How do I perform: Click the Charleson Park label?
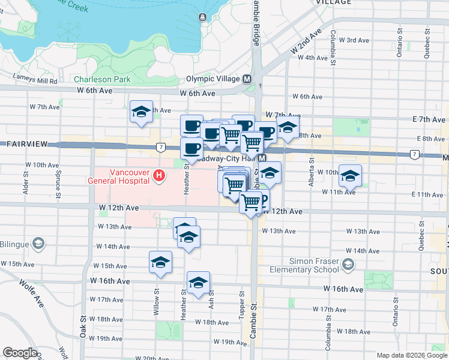pyautogui.click(x=102, y=79)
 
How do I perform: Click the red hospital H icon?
pyautogui.click(x=159, y=175)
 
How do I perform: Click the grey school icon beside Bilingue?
pyautogui.click(x=38, y=243)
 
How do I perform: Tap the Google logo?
pyautogui.click(x=20, y=353)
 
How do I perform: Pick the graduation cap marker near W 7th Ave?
pyautogui.click(x=142, y=112)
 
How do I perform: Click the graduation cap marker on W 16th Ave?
pyautogui.click(x=198, y=283)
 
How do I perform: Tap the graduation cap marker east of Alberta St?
pyautogui.click(x=351, y=176)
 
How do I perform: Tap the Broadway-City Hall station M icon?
pyautogui.click(x=262, y=158)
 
